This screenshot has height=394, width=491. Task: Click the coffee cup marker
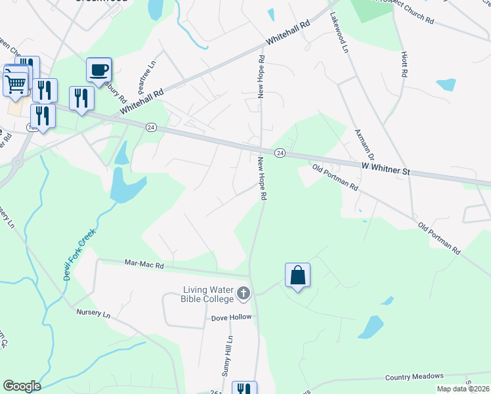coord(99,70)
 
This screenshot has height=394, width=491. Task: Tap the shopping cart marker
coord(16,81)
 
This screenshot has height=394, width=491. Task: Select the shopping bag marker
coord(297,275)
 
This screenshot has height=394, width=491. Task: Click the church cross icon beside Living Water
coord(244,293)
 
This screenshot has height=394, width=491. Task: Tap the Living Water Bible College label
coord(207,295)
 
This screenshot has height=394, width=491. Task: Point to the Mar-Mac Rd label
coord(144,264)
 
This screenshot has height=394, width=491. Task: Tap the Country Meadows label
coord(415,376)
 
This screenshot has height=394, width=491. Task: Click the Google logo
coord(22,386)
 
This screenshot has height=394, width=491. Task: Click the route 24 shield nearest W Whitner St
coord(280,153)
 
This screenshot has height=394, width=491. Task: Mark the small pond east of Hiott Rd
coord(446,84)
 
